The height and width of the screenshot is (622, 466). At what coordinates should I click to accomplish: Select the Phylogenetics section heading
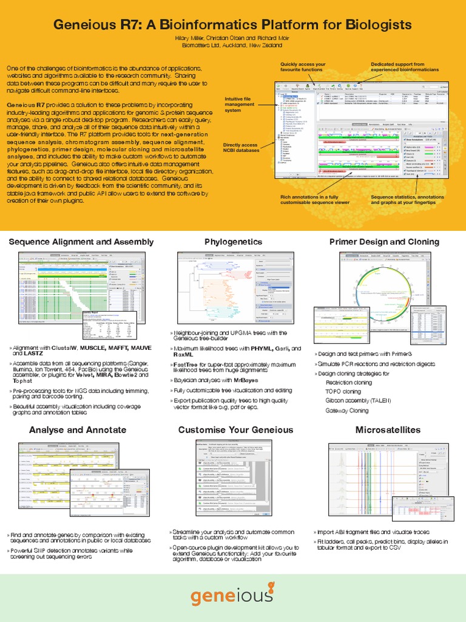click(x=233, y=242)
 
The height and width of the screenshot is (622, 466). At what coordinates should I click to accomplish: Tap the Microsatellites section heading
click(x=388, y=430)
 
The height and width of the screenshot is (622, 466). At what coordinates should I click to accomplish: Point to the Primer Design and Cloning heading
click(x=384, y=242)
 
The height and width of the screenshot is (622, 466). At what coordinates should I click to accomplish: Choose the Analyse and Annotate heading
click(x=78, y=430)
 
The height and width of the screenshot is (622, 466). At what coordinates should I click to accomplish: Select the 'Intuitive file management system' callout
click(x=240, y=104)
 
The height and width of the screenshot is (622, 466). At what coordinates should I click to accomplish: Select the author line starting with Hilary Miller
click(x=233, y=38)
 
